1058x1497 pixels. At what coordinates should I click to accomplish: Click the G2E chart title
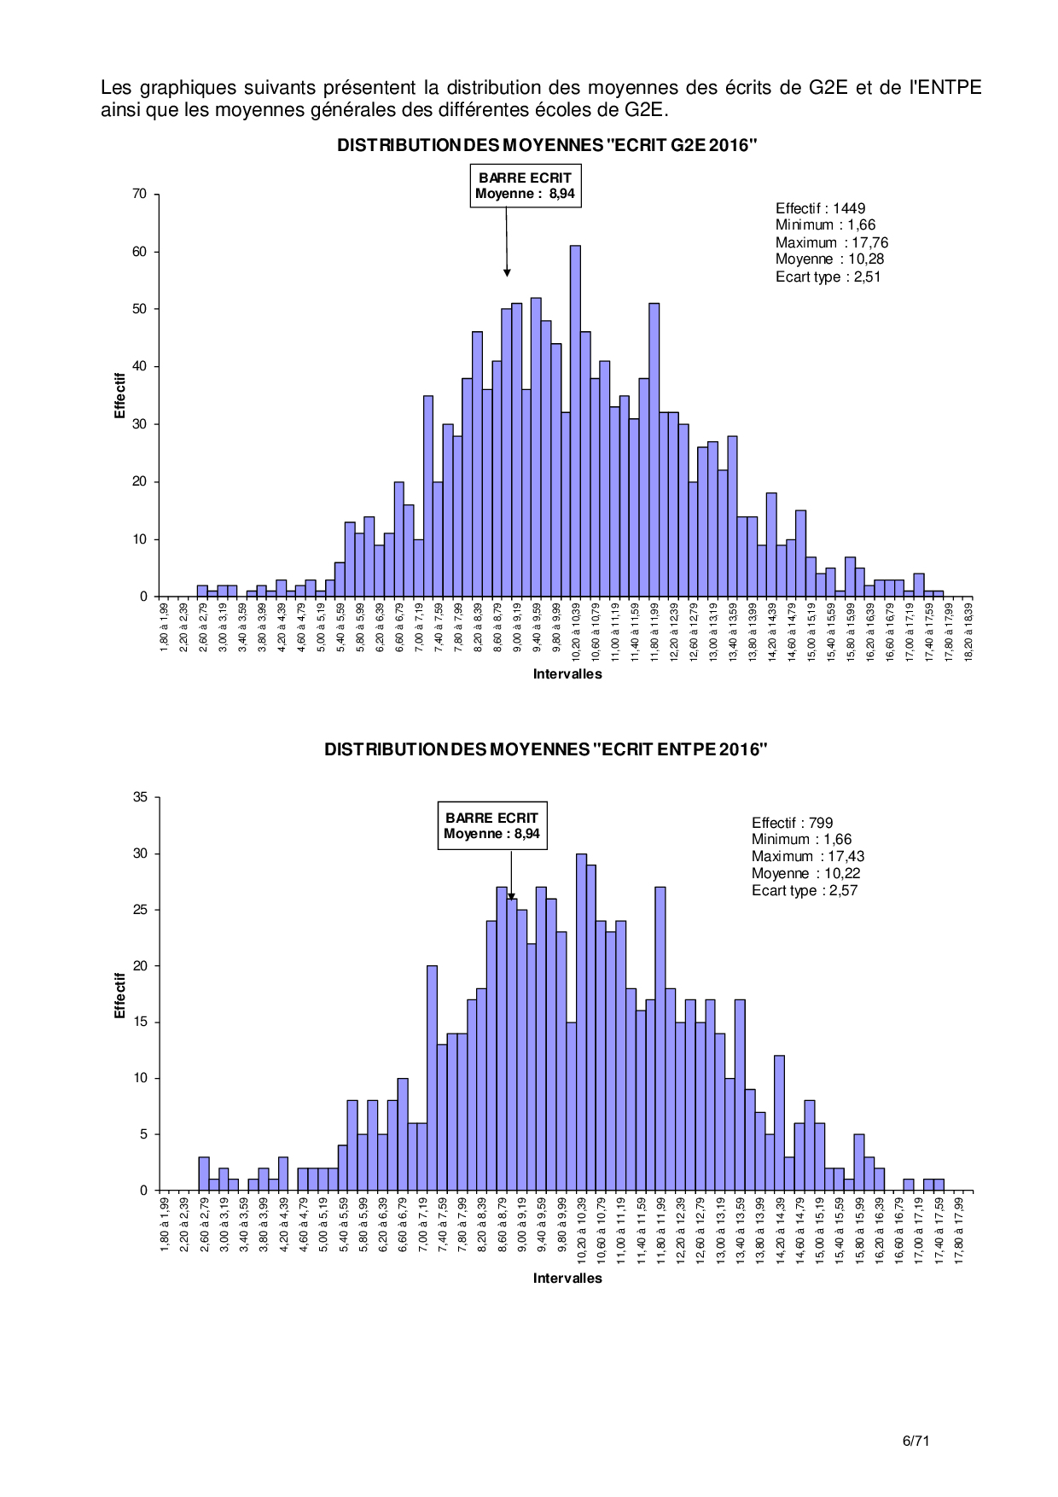coord(547,145)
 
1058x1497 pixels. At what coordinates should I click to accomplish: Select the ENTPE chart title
coord(546,749)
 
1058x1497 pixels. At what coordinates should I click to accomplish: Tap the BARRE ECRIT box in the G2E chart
coord(525,185)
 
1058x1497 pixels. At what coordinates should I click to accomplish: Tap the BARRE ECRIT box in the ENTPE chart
coord(491,825)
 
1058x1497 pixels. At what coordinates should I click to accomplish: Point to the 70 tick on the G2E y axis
coord(140,195)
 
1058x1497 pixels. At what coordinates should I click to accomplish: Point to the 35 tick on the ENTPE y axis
coord(140,797)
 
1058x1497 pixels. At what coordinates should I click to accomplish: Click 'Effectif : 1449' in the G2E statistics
coord(820,208)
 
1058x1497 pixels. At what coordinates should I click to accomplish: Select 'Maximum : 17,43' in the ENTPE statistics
coord(807,856)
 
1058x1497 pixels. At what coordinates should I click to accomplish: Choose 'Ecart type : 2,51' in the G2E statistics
coord(828,277)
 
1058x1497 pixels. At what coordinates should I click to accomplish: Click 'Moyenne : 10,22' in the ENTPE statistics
coord(805,873)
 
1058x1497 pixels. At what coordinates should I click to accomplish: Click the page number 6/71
coord(916,1441)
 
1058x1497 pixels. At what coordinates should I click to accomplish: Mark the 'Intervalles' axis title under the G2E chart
coord(567,674)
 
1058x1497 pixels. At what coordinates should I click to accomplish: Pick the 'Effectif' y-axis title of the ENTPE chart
coord(120,995)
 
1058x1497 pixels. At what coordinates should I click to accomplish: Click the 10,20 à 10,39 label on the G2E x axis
coord(576,632)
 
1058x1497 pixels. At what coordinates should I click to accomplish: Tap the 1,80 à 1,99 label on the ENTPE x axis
coord(165,1224)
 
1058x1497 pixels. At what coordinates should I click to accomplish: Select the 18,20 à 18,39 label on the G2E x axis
coord(968,632)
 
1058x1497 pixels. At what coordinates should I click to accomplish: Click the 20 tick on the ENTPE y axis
coord(140,966)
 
